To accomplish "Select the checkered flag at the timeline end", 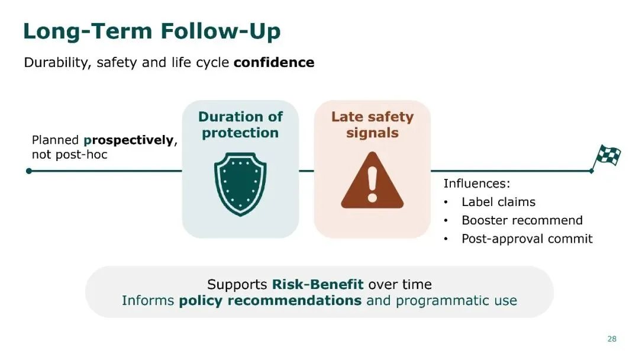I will pos(606,156).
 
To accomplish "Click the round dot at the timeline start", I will pos(29,171).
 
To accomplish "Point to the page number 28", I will pos(612,339).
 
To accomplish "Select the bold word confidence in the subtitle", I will pos(274,62).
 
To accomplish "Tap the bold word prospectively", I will pos(128,141).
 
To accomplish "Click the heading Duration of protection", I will pos(240,125).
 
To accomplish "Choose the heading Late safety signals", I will pos(372,125).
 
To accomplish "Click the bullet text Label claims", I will pos(498,202).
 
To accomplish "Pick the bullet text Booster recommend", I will pos(522,220).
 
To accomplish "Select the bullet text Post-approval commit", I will pos(527,239).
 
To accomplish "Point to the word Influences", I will pos(477,184).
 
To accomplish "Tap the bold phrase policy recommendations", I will pos(270,301).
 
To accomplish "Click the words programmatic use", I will pos(456,301).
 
